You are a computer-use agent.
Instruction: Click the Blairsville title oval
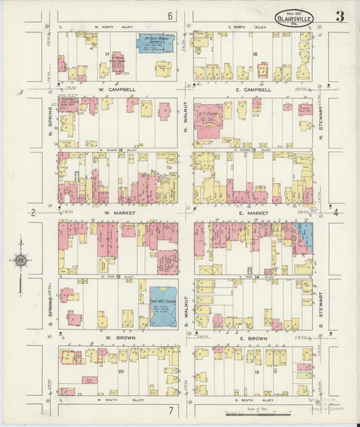(294, 16)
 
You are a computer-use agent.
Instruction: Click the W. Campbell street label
(118, 89)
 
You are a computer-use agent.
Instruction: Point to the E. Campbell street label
(253, 89)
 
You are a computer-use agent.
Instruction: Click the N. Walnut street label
(186, 116)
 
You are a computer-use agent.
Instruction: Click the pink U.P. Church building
(208, 120)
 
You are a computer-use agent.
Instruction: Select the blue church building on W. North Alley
(155, 43)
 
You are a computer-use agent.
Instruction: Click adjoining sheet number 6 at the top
(170, 16)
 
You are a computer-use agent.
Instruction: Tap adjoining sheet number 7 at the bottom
(172, 410)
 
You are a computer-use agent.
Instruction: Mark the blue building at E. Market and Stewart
(306, 236)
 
